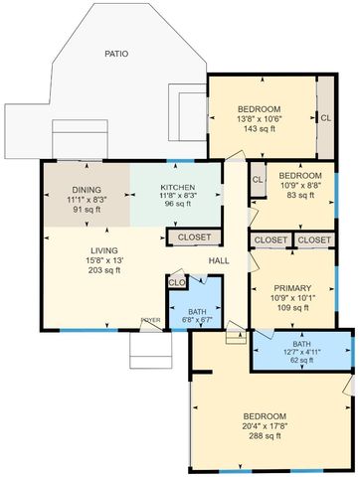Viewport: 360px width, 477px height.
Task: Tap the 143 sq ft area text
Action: [x=259, y=129]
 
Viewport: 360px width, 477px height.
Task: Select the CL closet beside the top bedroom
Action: [x=325, y=117]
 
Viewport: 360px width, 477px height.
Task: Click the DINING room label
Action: [x=86, y=190]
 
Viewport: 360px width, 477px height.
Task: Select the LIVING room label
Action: [x=104, y=250]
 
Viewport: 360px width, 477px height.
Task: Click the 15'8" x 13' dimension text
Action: [x=104, y=260]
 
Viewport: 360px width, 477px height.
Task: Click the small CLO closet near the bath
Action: [x=177, y=283]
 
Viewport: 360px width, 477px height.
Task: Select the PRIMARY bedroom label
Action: [x=292, y=285]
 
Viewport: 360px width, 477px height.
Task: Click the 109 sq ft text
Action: [x=292, y=307]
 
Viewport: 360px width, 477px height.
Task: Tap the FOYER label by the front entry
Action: [x=150, y=320]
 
